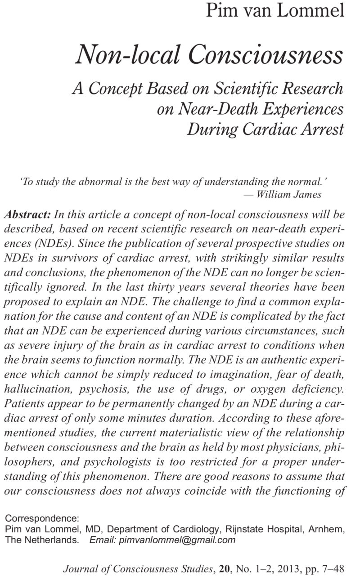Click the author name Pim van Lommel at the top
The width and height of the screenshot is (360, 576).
click(275, 10)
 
